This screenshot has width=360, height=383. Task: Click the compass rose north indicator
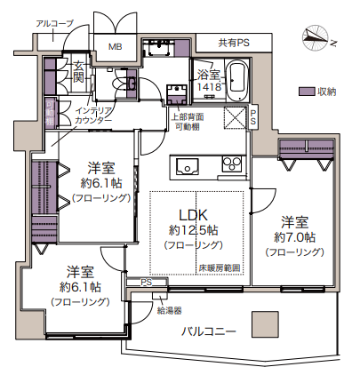[316, 38]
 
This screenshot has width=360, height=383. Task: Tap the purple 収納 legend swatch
[307, 92]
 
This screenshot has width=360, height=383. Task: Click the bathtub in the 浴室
[238, 80]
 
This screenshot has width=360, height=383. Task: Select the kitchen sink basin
[188, 166]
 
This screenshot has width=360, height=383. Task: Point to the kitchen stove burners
[232, 164]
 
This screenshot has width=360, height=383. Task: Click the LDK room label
[193, 216]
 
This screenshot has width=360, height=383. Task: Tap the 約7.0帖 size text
[295, 237]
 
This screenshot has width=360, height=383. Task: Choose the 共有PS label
[234, 43]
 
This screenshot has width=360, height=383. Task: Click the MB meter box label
[115, 46]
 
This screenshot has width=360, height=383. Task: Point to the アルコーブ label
[55, 23]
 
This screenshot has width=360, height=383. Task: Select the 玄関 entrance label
[78, 72]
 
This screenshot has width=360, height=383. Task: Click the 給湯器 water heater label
[169, 310]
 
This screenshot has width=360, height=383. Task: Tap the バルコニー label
[209, 331]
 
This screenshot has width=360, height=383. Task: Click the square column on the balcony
[265, 324]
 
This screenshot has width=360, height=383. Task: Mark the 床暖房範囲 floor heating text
[219, 268]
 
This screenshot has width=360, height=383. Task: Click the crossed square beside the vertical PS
[235, 118]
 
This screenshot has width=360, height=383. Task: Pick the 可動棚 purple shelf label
[49, 113]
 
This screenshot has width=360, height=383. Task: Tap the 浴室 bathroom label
[209, 75]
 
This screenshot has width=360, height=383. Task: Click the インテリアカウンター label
[93, 116]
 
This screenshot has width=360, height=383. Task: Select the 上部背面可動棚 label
[188, 122]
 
